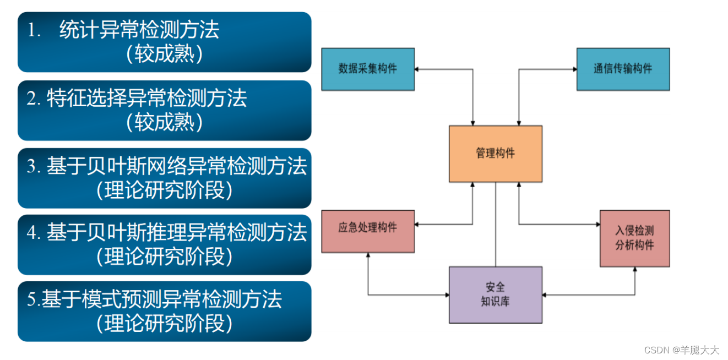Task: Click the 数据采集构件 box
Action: click(x=367, y=69)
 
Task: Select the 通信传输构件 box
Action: click(x=623, y=69)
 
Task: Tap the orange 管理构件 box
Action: click(x=495, y=154)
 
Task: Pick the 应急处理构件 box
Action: click(x=367, y=231)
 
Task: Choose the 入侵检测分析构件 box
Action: click(x=634, y=238)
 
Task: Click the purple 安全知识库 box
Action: click(x=495, y=294)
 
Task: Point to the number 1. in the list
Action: click(x=35, y=31)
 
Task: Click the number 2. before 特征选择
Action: click(x=34, y=99)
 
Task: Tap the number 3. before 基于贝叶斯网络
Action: click(x=34, y=167)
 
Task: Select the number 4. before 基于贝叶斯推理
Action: click(x=34, y=233)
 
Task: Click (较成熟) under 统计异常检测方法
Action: click(x=164, y=54)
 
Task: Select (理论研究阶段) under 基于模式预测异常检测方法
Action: click(x=164, y=324)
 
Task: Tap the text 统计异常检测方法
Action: click(x=139, y=30)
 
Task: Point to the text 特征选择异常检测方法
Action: click(x=146, y=99)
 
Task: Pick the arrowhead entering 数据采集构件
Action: click(x=417, y=69)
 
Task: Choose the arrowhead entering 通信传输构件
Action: click(x=574, y=69)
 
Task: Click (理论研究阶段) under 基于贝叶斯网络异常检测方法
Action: click(x=164, y=190)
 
